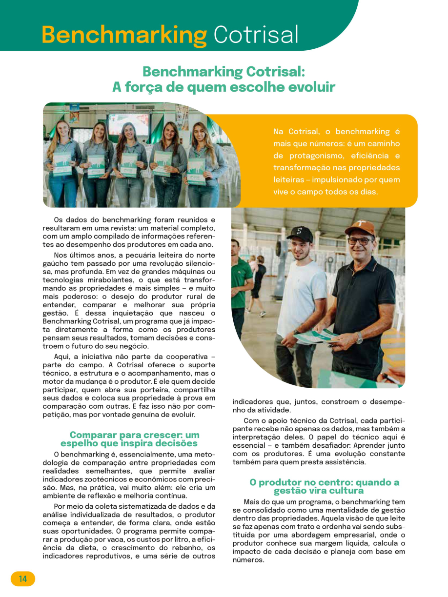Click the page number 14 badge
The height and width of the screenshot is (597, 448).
(x=23, y=579)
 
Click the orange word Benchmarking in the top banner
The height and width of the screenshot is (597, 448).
(x=124, y=35)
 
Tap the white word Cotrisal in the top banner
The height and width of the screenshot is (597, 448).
(x=256, y=35)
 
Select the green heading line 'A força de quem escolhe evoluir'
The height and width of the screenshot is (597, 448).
(x=224, y=87)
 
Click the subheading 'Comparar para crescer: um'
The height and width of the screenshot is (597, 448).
(x=134, y=435)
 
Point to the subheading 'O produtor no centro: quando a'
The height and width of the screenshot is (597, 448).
(x=324, y=482)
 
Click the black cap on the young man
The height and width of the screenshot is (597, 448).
(x=299, y=233)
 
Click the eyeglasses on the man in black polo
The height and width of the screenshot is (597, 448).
(x=359, y=241)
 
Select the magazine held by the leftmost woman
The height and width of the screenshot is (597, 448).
(x=62, y=164)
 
